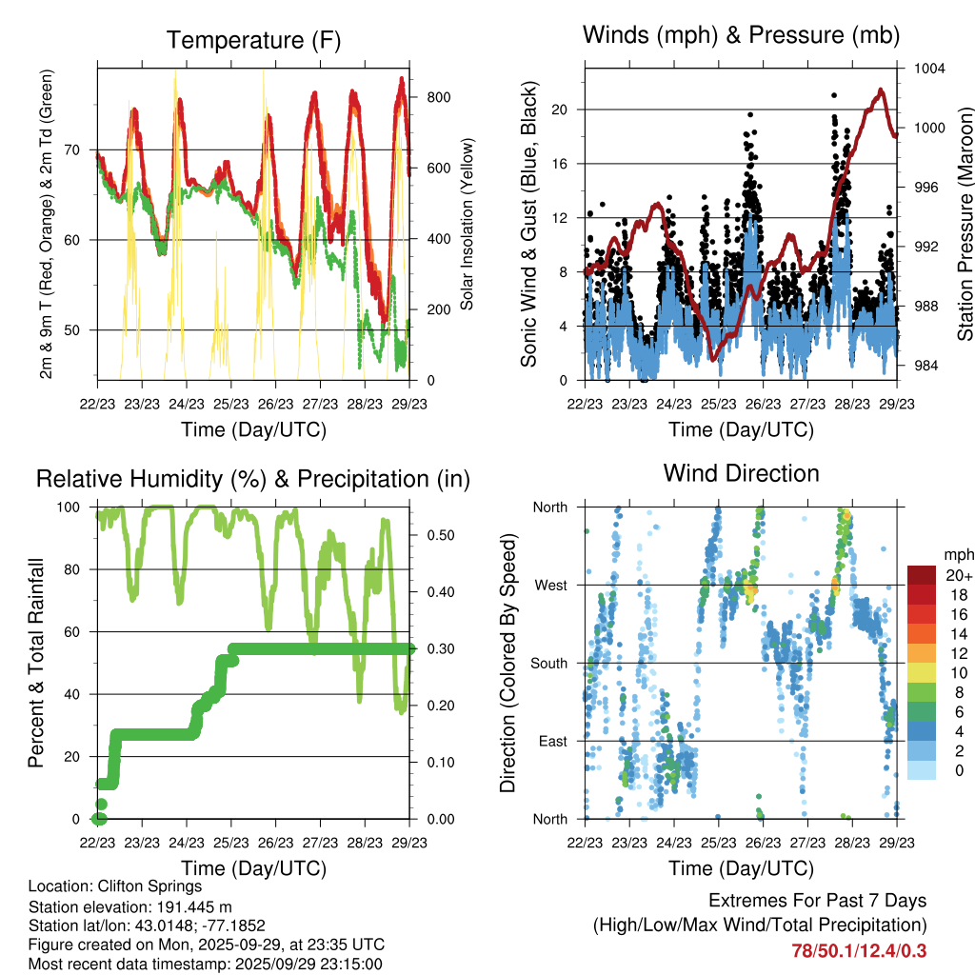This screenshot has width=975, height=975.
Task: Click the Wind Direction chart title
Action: [741, 472]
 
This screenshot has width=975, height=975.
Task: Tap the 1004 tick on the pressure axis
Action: [928, 69]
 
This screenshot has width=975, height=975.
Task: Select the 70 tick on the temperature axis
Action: [75, 149]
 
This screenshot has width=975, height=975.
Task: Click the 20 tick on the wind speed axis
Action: [560, 109]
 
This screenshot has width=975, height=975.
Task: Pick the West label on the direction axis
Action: [550, 585]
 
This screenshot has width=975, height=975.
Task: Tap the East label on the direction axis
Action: [551, 741]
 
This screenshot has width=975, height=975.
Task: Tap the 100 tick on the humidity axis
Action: [70, 507]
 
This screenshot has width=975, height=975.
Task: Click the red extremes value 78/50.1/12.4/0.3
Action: [859, 950]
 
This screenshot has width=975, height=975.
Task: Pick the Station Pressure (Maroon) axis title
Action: [965, 224]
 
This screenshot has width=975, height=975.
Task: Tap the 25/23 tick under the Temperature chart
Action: [230, 404]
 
